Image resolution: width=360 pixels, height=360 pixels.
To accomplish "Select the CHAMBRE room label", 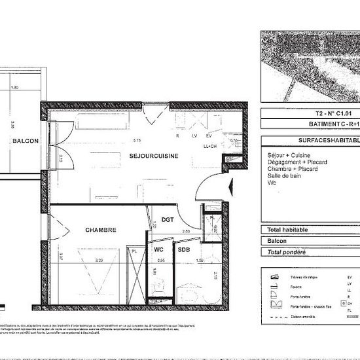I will (100, 230).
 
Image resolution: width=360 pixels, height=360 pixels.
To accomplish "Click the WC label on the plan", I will (158, 249).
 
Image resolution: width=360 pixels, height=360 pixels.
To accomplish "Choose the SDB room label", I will (183, 249).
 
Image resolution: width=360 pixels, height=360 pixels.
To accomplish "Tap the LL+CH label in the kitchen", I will (210, 146).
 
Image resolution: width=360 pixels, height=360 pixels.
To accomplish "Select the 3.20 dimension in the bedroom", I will (99, 260).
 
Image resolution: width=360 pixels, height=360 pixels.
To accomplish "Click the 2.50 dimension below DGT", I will (185, 231).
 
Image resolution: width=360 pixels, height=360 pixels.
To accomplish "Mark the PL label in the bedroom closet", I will (134, 250).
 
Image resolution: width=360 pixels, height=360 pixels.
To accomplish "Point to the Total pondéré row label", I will (287, 252).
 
